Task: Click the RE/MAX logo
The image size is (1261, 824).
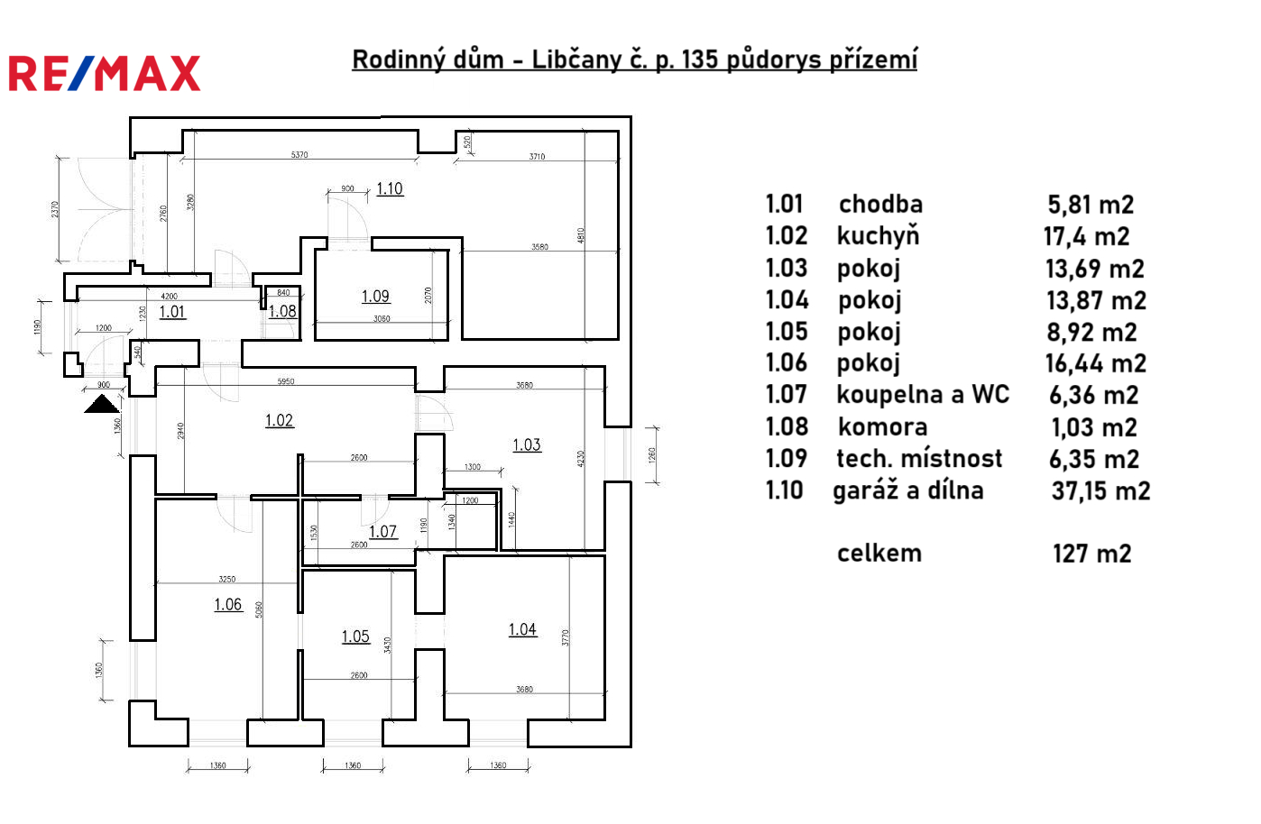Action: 105,74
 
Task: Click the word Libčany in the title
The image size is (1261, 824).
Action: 575,60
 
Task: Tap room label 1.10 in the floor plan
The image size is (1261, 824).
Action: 390,188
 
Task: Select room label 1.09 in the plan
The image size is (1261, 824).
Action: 375,296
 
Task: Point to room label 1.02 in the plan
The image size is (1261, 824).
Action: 279,420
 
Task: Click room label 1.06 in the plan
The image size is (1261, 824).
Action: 227,604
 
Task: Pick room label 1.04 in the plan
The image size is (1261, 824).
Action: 522,629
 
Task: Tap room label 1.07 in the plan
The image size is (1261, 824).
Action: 382,531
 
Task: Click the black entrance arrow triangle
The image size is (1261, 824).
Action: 102,403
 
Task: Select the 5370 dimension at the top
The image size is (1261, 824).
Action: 299,155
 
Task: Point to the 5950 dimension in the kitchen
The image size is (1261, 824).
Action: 285,381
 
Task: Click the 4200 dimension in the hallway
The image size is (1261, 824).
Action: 169,296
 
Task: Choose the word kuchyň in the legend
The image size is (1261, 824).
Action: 878,236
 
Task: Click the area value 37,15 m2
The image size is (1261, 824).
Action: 1100,491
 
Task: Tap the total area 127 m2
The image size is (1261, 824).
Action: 1091,554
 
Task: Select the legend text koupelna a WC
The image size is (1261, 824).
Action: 922,395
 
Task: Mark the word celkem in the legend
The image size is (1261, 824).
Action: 879,553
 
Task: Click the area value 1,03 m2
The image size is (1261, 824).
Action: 1093,427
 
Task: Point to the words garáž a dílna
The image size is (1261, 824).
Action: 907,490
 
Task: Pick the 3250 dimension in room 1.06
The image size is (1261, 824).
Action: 227,579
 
